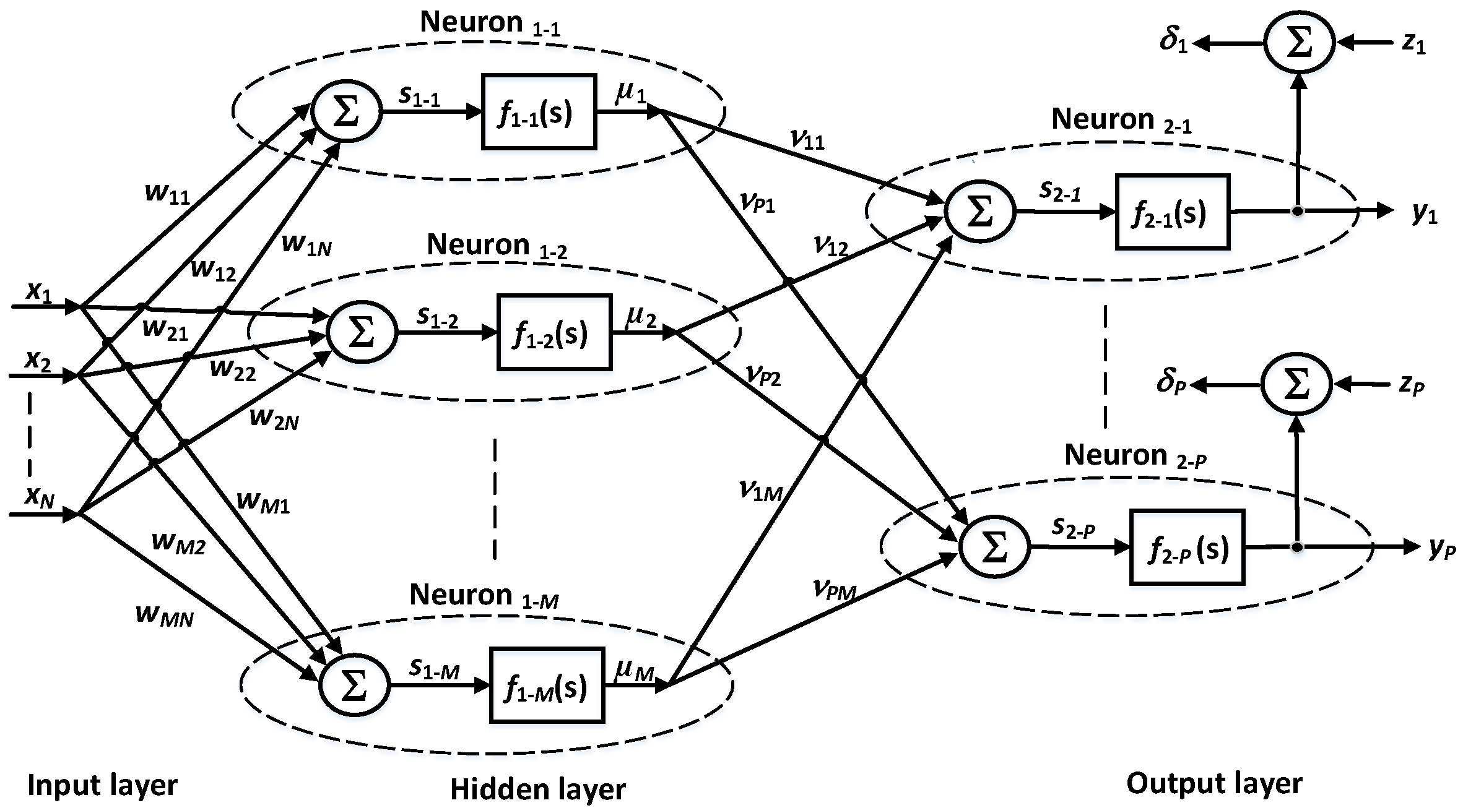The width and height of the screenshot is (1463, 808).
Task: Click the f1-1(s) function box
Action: click(539, 112)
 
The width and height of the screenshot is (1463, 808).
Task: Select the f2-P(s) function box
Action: click(1187, 548)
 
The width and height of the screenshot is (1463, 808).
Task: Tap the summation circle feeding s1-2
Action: click(362, 332)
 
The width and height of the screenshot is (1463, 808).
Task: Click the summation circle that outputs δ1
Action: click(1299, 43)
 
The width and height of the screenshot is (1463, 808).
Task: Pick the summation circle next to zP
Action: click(1296, 384)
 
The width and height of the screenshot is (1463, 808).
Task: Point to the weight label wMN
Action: click(165, 615)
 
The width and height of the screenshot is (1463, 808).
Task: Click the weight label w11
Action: click(167, 194)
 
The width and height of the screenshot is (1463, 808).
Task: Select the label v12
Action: click(830, 246)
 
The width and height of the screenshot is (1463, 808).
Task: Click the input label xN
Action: click(40, 497)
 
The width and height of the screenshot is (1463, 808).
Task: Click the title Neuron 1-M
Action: click(484, 595)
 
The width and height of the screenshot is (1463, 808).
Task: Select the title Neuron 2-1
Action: click(1121, 119)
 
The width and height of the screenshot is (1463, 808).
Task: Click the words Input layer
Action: click(102, 785)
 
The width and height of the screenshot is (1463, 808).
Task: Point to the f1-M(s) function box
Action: click(547, 686)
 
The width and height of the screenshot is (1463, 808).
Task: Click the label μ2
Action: click(641, 317)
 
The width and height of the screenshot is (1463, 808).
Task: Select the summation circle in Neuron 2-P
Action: click(994, 547)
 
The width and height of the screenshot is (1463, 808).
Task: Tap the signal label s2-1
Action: click(1060, 191)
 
